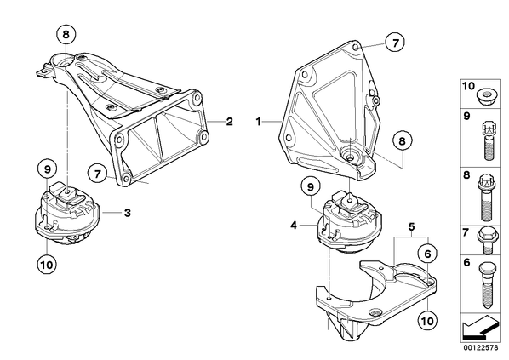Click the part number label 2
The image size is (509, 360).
(x=230, y=122)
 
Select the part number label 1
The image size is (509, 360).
(x=259, y=122)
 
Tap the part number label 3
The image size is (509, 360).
(x=128, y=213)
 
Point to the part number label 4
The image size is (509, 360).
(x=294, y=225)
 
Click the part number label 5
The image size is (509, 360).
(x=411, y=226)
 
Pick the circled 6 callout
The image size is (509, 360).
(x=427, y=254)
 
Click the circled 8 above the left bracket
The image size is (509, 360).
(x=66, y=34)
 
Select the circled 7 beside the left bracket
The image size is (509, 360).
(x=98, y=174)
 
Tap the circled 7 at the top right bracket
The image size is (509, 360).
(x=395, y=43)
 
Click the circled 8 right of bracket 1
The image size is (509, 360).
(x=403, y=141)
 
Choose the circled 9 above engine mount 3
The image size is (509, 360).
(x=47, y=169)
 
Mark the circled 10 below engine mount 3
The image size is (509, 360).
(x=47, y=265)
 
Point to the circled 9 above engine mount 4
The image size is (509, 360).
(x=311, y=186)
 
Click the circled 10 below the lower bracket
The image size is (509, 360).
(x=427, y=321)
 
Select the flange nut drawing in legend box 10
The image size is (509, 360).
(x=485, y=96)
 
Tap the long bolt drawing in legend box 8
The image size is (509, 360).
(x=486, y=197)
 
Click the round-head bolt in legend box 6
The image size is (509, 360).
(x=486, y=285)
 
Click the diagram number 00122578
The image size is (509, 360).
(x=481, y=348)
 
